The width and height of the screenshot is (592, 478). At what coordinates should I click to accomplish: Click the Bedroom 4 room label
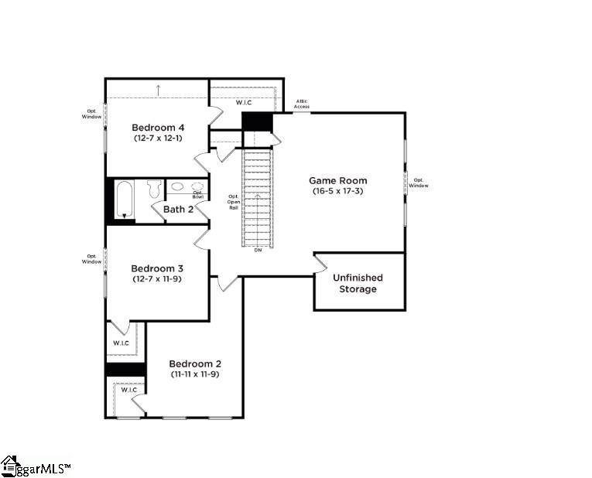[157, 128]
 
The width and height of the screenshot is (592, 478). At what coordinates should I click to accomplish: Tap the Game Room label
[338, 180]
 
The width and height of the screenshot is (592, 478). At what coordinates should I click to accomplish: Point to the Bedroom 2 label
[195, 364]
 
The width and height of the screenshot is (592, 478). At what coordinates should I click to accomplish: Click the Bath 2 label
[178, 209]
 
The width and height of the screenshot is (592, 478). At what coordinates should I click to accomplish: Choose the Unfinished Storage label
[358, 283]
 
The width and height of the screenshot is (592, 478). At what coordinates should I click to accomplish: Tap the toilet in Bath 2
[153, 188]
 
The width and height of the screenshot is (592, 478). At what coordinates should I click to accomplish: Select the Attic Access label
[302, 104]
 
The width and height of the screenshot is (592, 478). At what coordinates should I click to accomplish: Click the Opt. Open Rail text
[233, 202]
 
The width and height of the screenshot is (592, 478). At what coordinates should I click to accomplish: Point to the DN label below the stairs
[258, 250]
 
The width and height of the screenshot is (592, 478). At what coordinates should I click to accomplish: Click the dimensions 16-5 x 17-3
[338, 191]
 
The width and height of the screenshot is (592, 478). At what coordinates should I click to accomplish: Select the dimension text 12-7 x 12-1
[157, 138]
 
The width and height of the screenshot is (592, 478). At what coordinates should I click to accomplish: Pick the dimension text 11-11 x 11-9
[195, 374]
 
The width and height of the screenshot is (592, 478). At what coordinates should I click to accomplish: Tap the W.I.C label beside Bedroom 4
[242, 101]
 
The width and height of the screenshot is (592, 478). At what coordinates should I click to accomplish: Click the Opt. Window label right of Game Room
[419, 183]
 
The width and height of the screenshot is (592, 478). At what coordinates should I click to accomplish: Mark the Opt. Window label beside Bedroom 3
[91, 259]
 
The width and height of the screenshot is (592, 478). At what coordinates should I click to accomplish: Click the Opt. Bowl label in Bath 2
[198, 195]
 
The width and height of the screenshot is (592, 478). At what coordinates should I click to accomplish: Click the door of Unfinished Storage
[319, 264]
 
